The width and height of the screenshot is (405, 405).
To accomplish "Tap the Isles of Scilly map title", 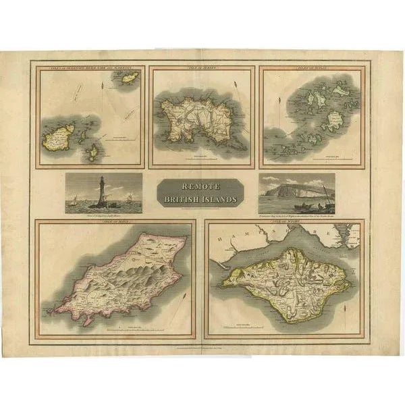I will tap(311, 69).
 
